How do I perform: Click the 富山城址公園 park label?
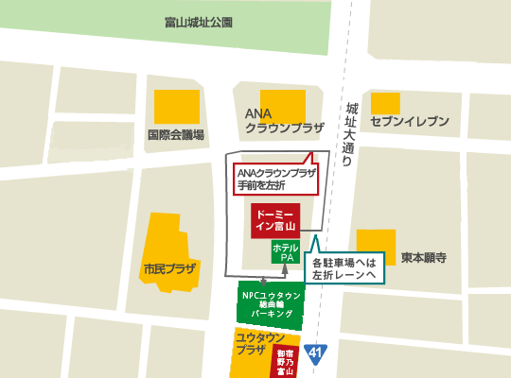click(x=197, y=22)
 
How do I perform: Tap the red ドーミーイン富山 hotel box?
click(x=276, y=220)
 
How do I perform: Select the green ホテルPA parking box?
click(x=286, y=252)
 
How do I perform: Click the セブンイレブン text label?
click(x=410, y=122)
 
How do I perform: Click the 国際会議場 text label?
click(x=175, y=134)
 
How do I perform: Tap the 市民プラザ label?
click(x=168, y=268)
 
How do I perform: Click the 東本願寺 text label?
click(x=423, y=257)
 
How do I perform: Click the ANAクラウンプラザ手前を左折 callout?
click(x=274, y=179)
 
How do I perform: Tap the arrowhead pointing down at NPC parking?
click(x=263, y=281)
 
